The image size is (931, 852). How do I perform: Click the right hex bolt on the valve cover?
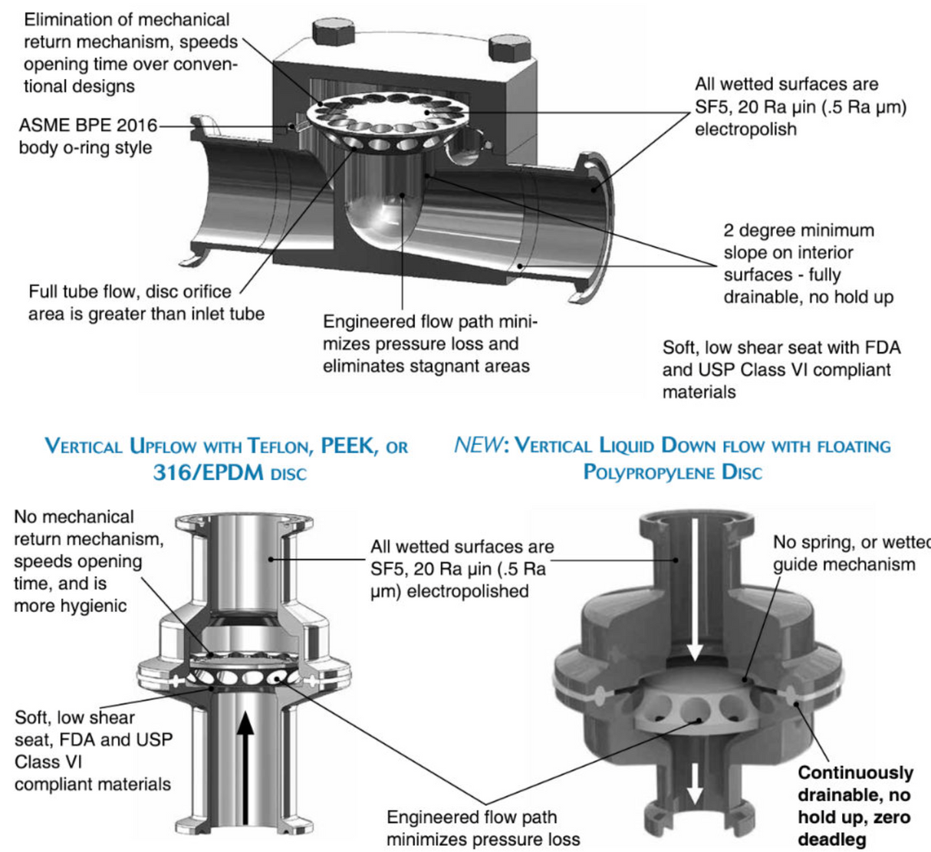tap(510, 48)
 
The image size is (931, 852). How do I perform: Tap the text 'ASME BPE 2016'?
tap(87, 125)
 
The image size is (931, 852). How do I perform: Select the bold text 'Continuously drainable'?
tap(855, 784)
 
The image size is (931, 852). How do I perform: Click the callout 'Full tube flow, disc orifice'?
tap(130, 291)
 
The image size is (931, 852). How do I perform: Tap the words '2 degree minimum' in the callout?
tap(798, 231)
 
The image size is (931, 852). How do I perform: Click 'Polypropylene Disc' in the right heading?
tap(673, 472)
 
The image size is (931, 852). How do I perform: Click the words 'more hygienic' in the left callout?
tap(70, 606)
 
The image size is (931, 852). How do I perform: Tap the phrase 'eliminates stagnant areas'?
tap(426, 366)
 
